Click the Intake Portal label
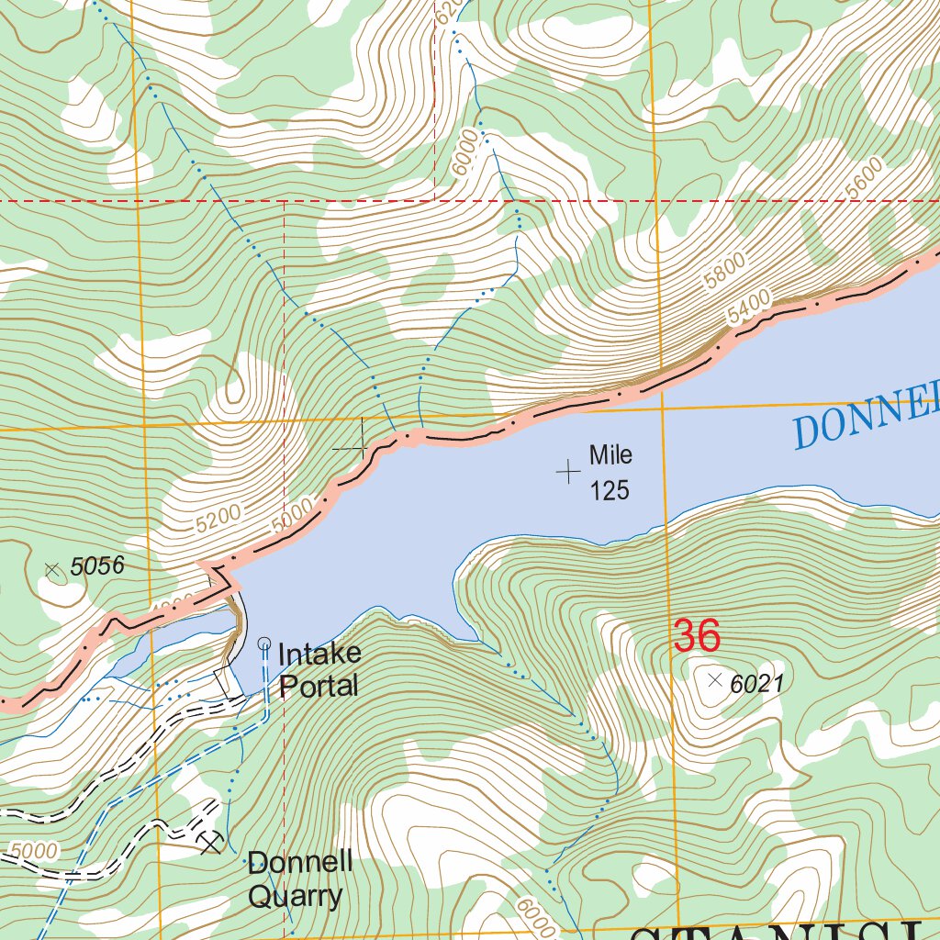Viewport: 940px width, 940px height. tap(319, 669)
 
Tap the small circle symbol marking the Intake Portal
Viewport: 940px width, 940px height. tap(265, 643)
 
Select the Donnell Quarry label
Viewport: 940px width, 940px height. tap(299, 878)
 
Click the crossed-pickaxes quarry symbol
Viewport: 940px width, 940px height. tap(211, 841)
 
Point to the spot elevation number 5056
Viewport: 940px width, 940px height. tap(96, 567)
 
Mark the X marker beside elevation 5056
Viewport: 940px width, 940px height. tap(52, 570)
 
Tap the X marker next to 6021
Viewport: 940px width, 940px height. tap(716, 679)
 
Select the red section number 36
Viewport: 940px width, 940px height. tap(696, 636)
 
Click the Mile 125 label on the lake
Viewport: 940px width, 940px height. tap(610, 473)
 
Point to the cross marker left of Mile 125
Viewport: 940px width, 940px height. tap(568, 472)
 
